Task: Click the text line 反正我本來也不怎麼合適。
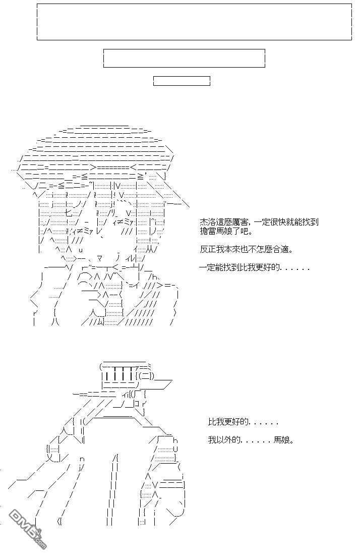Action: (x=247, y=249)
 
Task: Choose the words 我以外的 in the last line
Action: (x=224, y=440)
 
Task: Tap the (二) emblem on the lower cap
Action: (x=146, y=376)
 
